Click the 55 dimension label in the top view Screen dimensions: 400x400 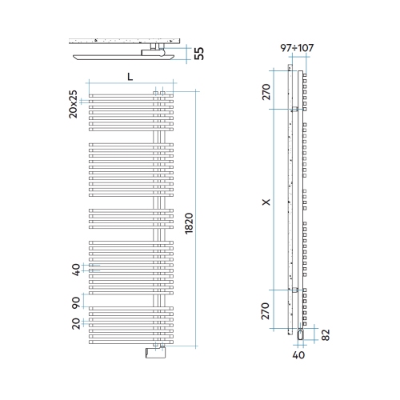pyautogui.click(x=199, y=54)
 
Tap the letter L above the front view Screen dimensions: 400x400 pyautogui.click(x=130, y=77)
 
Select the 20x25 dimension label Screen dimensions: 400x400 pyautogui.click(x=73, y=104)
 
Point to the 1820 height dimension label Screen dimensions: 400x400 pyautogui.click(x=189, y=223)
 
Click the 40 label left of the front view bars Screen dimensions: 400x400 pyautogui.click(x=76, y=270)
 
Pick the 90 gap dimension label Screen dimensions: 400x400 pyautogui.click(x=76, y=302)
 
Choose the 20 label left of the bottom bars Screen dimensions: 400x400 pyautogui.click(x=76, y=323)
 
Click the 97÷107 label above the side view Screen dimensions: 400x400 pyautogui.click(x=297, y=48)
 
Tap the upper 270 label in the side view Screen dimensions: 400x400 pyautogui.click(x=266, y=92)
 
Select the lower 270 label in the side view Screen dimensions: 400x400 pyautogui.click(x=266, y=311)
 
